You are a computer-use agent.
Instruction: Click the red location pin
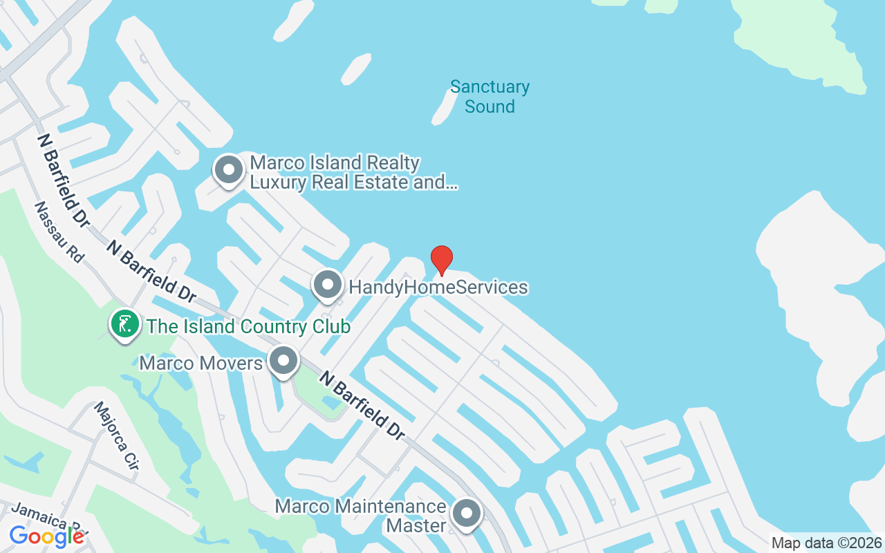(442, 260)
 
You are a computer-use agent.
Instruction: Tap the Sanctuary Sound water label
(490, 97)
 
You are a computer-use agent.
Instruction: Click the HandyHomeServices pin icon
(328, 285)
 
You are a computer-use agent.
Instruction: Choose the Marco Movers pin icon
(283, 361)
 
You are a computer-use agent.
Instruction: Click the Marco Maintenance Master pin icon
(467, 514)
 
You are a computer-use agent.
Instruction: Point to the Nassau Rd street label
(59, 232)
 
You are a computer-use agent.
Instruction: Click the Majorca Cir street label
(115, 436)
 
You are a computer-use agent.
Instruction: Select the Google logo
(46, 536)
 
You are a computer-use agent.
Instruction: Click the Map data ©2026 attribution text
(827, 543)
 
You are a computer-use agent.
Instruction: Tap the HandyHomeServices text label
(438, 287)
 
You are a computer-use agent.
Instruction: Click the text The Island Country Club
(249, 326)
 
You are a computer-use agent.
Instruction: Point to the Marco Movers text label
(201, 363)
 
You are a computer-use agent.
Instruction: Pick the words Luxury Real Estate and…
(353, 182)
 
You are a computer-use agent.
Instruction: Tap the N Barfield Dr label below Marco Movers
(362, 404)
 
